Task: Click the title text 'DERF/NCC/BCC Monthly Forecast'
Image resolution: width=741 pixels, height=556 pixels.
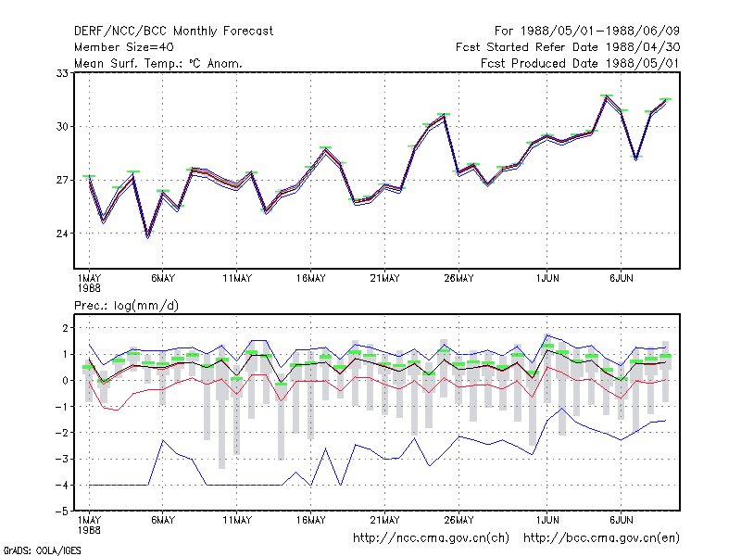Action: coord(173,32)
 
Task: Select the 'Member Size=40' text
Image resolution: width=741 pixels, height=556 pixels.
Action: coord(124,47)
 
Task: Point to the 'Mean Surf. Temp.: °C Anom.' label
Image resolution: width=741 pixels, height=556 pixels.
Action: coord(158,63)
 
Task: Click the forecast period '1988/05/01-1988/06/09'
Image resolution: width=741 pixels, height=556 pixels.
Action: coord(600,32)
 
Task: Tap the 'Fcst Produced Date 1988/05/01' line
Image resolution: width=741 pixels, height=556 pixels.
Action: coord(581,63)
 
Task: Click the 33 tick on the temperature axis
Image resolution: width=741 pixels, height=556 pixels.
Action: coord(62,73)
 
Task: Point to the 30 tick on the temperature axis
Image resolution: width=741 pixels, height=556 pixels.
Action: coord(62,127)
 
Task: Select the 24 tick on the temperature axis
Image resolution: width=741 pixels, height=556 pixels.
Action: coord(62,234)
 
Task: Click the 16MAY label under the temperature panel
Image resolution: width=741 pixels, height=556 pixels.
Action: coord(311,279)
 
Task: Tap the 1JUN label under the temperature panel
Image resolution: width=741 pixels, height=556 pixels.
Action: coord(547,279)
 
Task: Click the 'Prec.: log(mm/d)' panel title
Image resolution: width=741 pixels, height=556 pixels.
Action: coord(126,306)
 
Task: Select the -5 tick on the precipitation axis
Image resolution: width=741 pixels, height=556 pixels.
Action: coord(62,512)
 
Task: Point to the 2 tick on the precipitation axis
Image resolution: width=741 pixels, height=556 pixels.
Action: coord(65,328)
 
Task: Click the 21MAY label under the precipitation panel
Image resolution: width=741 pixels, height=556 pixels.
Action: coord(384,520)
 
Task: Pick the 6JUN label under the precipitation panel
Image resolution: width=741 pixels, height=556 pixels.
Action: coord(621,520)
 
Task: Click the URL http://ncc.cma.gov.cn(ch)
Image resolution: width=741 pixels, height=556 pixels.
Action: coord(431,538)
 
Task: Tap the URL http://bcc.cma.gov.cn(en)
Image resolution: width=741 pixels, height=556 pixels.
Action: coord(601,538)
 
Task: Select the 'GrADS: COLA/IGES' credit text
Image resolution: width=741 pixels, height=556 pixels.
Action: coord(42,550)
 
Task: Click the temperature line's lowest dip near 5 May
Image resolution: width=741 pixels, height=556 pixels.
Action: coord(148,235)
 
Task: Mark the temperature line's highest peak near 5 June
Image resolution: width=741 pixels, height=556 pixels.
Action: coord(607,96)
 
